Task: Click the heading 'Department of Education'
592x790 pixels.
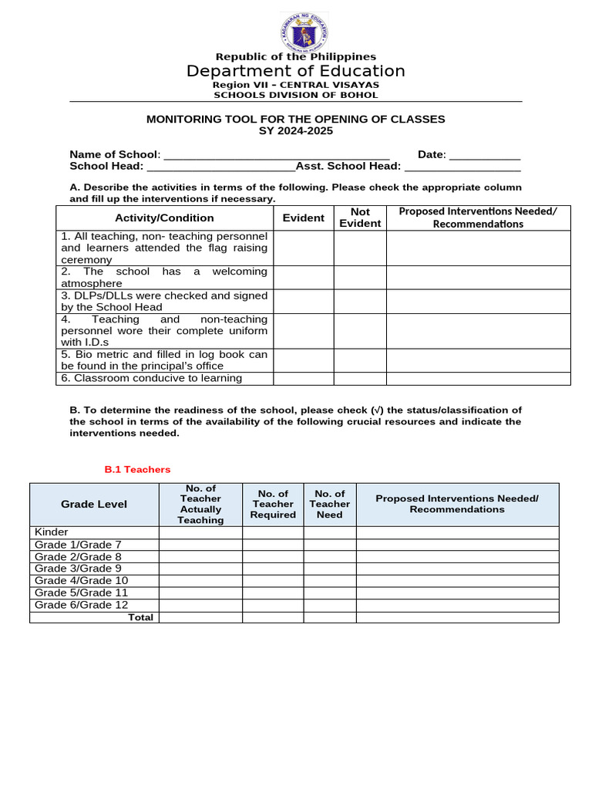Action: point(296,72)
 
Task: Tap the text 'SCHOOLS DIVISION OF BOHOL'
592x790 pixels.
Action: point(296,95)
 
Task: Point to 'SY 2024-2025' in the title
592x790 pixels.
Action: point(296,131)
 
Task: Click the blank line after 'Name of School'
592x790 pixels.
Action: point(277,155)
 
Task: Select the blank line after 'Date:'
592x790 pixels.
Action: point(485,155)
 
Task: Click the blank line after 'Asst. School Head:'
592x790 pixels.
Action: point(462,167)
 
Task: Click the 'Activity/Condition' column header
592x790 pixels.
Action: point(164,218)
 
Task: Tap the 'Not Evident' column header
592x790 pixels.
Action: point(360,218)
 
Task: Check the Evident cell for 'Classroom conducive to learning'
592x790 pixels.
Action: point(303,379)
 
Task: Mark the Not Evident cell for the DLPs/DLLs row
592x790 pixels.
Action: point(360,302)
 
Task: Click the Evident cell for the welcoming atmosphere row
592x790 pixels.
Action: point(303,278)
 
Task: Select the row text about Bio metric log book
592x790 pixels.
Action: point(164,360)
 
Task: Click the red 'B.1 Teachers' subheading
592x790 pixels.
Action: point(137,469)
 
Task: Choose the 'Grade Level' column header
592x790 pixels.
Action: point(94,505)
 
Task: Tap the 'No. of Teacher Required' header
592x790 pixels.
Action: point(273,505)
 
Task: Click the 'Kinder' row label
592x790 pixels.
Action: point(52,532)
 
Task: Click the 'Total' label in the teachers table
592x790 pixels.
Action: point(140,617)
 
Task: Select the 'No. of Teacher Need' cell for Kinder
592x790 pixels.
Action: point(329,532)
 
